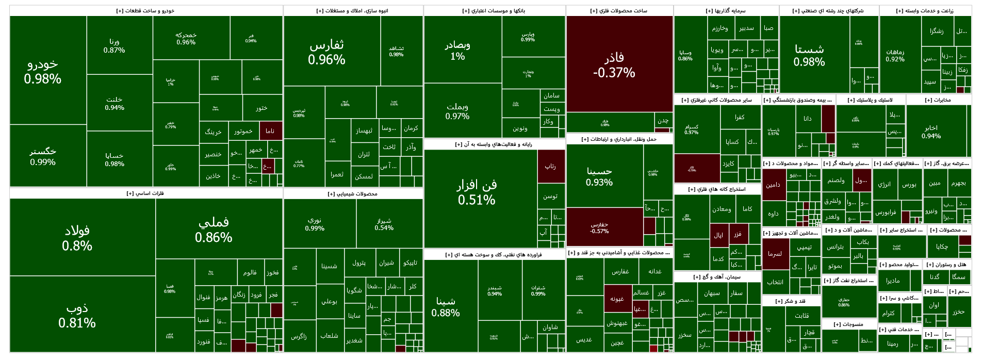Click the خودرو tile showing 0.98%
point(43,71)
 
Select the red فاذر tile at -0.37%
point(614,65)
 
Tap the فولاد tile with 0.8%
point(77,238)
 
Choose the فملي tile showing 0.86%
point(214,230)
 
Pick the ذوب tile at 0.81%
point(77,315)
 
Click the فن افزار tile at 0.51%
point(476,192)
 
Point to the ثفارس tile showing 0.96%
point(326,52)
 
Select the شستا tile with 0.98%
point(809,55)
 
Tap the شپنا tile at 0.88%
point(445,306)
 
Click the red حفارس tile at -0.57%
point(599,227)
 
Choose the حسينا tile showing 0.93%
point(599,176)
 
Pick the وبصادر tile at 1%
point(457,50)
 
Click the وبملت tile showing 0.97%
point(457,111)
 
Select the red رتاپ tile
point(550,166)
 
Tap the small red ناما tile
point(270,131)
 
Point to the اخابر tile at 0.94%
point(931,132)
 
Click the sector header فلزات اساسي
point(145,193)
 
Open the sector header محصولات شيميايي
point(353,194)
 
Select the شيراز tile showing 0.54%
point(384,224)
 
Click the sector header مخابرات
point(938,100)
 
